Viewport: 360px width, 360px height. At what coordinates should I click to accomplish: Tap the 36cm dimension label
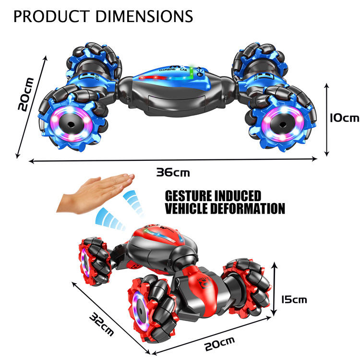click(x=173, y=172)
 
